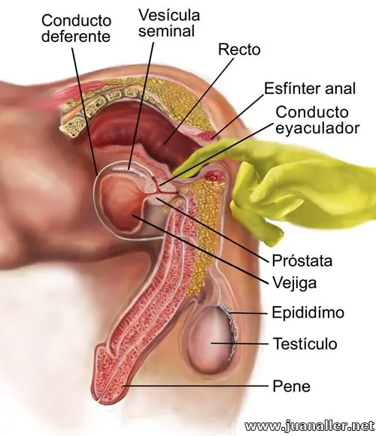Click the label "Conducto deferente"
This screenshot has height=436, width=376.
pos(76,29)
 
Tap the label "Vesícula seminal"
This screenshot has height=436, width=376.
pos(169,23)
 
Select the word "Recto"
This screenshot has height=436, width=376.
pos(239,50)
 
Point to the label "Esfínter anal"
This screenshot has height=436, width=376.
pos(309,89)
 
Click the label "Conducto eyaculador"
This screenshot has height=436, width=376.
pos(317,120)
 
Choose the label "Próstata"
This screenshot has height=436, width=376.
pos(302,260)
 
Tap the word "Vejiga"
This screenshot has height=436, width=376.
pos(294,283)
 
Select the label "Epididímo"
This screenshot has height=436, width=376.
pos(308,312)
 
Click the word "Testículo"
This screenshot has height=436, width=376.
pos(305,344)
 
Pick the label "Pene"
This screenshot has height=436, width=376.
pos(291,386)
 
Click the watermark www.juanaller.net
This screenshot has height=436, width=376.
pos(309,426)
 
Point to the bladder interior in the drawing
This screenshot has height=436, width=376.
pos(120,202)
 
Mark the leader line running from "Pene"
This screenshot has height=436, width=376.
pos(196,386)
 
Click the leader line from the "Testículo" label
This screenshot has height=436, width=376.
pos(239,344)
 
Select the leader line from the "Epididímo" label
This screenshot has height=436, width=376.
pos(249,313)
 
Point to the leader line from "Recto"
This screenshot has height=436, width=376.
pos(199,101)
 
